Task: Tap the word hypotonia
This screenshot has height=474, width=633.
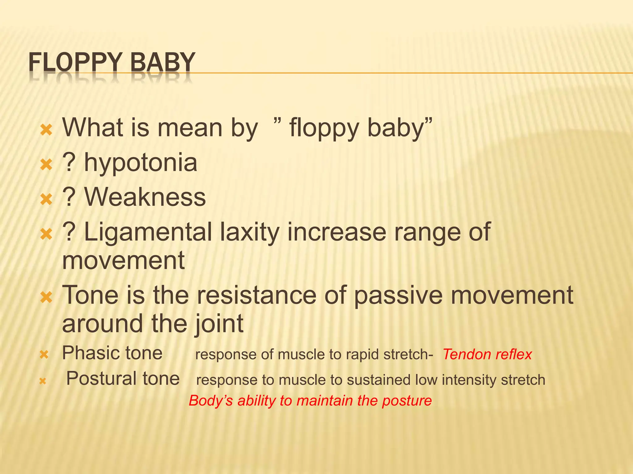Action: (141, 163)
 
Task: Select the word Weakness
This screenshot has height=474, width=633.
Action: (145, 197)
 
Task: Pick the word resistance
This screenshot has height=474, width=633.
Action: (257, 295)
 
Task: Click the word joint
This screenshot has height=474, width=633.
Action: (219, 324)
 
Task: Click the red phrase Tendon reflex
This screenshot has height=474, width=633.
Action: (487, 355)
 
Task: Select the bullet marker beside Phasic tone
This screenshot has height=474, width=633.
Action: (44, 355)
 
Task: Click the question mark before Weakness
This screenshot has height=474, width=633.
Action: (69, 197)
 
